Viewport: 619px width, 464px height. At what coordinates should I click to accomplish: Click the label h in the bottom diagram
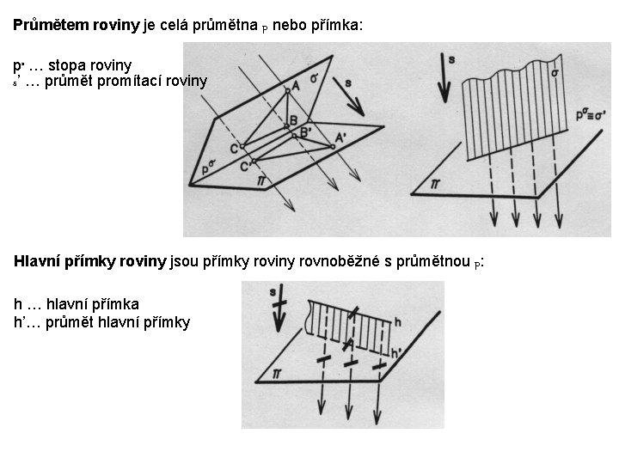click(x=397, y=321)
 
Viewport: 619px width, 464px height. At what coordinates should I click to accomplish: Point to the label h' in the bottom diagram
click(x=396, y=351)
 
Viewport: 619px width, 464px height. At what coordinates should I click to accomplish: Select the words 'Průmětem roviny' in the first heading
click(x=76, y=26)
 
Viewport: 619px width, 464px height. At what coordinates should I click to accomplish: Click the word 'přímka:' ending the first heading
click(x=338, y=26)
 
